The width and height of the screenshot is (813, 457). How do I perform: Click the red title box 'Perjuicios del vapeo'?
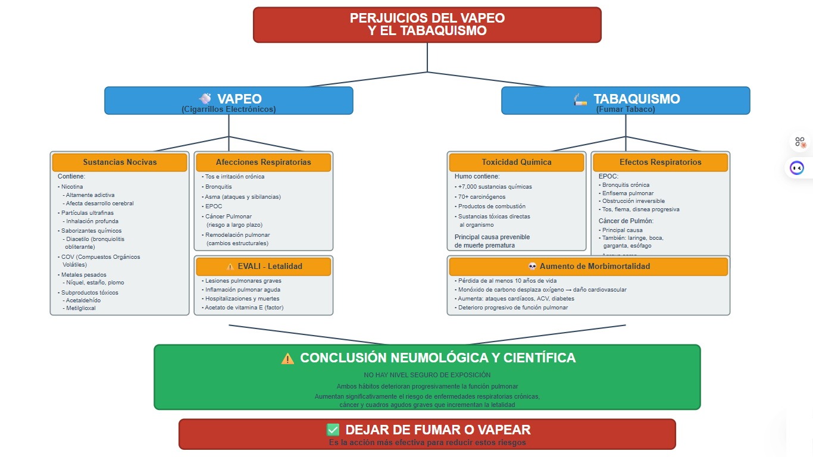[x=427, y=25]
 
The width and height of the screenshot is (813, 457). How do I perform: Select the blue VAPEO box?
[x=229, y=101]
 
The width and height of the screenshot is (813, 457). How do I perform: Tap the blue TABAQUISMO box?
[x=626, y=101]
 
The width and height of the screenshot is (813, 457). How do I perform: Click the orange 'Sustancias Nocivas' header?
[x=120, y=162]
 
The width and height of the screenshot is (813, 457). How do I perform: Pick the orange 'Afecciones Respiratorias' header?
[x=263, y=162]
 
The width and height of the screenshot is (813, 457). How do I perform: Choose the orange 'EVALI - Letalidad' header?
[x=263, y=267]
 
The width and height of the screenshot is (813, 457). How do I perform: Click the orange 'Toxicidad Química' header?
[x=516, y=162]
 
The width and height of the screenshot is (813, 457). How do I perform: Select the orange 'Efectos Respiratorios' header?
[x=660, y=162]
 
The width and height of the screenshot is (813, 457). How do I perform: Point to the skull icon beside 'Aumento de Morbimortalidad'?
[x=533, y=267]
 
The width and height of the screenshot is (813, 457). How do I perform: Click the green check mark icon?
[x=333, y=430]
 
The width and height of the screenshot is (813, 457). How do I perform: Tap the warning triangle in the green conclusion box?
[x=287, y=358]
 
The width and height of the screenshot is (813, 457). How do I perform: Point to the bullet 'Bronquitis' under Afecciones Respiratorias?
[x=218, y=187]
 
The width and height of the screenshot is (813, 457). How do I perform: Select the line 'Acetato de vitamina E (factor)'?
[x=244, y=308]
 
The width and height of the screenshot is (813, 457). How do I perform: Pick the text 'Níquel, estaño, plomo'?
[x=95, y=283]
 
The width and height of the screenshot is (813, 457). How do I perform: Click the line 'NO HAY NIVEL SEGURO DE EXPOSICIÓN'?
[x=427, y=375]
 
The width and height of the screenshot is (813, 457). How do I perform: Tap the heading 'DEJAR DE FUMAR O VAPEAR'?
[x=437, y=430]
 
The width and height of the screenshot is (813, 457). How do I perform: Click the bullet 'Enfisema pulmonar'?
[x=627, y=193]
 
